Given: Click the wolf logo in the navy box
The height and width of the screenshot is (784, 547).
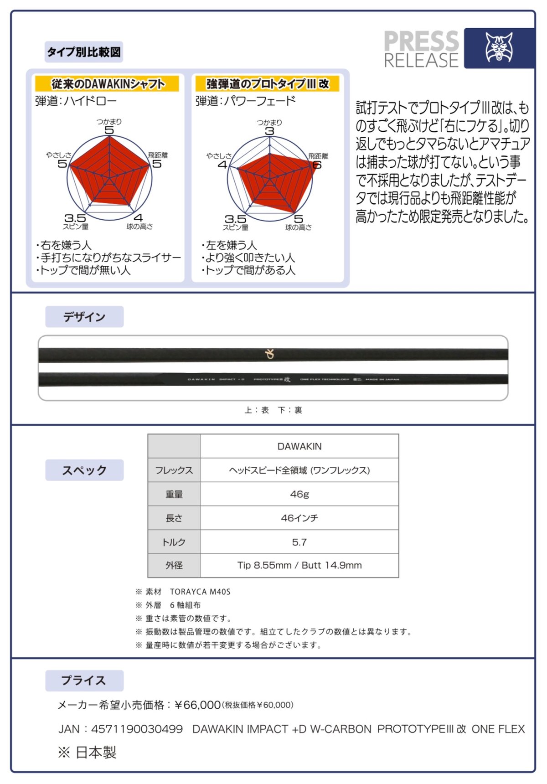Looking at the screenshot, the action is pyautogui.click(x=499, y=47).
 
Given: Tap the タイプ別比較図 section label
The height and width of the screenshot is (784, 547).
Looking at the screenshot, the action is pyautogui.click(x=84, y=52).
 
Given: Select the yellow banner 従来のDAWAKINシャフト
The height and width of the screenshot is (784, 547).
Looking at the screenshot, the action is pyautogui.click(x=108, y=84).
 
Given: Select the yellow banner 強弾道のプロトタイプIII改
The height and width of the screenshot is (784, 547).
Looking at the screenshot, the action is pyautogui.click(x=267, y=84).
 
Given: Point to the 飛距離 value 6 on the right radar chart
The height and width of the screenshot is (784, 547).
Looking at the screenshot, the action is pyautogui.click(x=317, y=165).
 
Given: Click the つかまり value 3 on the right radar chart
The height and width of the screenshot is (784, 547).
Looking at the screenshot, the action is pyautogui.click(x=270, y=131).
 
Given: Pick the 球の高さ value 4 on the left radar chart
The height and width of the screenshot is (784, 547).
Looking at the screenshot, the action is pyautogui.click(x=138, y=218).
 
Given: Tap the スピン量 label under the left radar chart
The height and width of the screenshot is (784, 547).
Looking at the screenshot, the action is pyautogui.click(x=76, y=227).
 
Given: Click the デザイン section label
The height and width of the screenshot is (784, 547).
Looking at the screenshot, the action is pyautogui.click(x=84, y=317).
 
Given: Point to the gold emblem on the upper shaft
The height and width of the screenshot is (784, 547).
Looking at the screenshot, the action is pyautogui.click(x=270, y=354).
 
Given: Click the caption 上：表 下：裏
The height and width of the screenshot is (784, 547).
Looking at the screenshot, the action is pyautogui.click(x=273, y=410).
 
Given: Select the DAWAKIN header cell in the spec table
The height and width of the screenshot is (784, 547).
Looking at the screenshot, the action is pyautogui.click(x=299, y=446).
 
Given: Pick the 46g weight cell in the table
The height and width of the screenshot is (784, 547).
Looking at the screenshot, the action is pyautogui.click(x=299, y=494).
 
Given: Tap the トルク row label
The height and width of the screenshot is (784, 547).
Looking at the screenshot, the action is pyautogui.click(x=174, y=542).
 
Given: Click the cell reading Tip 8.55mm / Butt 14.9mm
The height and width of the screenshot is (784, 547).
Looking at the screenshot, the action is pyautogui.click(x=299, y=565).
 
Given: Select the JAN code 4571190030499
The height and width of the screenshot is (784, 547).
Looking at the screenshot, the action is pyautogui.click(x=137, y=729).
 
